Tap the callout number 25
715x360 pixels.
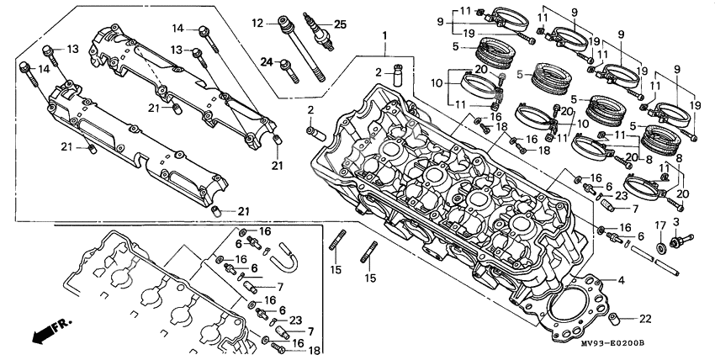click(x=339, y=23)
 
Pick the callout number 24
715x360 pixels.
click(x=266, y=61)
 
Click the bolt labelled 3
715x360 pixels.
click(x=683, y=239)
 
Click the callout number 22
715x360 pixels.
click(x=644, y=318)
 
